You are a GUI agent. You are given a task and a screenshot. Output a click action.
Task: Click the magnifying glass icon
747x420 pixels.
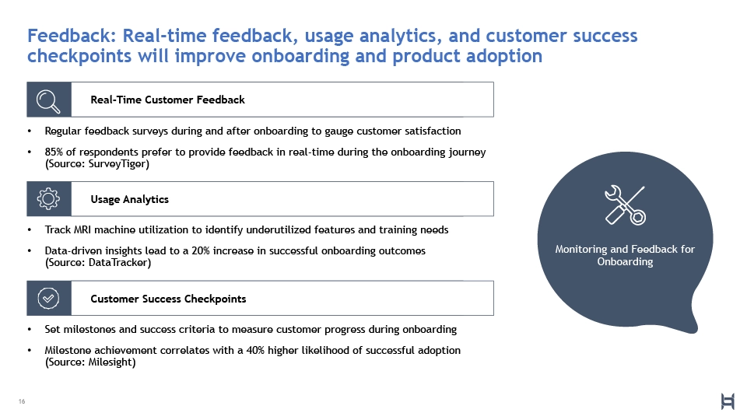point(48,100)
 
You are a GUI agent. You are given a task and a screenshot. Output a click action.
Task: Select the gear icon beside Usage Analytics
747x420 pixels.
point(48,198)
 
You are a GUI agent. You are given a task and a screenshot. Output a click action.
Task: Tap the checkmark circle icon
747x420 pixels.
point(48,299)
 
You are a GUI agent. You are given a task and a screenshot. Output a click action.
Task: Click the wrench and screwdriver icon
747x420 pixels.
point(625,205)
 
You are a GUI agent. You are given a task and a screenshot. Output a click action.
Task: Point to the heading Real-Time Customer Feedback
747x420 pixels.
point(168,100)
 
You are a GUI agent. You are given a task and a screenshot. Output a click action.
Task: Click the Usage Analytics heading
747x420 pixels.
point(130,199)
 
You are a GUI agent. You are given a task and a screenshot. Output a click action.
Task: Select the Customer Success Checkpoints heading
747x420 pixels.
point(168,299)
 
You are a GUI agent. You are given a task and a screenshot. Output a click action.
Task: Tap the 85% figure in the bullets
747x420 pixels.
point(54,152)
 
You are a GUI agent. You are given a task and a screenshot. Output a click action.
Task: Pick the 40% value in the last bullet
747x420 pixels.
point(255,350)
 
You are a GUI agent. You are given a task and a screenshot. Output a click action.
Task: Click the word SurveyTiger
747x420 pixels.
point(117,164)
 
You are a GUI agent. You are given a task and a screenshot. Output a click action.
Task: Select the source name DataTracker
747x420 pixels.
point(117,262)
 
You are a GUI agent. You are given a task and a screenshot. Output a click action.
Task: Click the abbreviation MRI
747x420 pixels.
point(82,229)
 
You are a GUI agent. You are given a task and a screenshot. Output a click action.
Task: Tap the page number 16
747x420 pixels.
point(22,401)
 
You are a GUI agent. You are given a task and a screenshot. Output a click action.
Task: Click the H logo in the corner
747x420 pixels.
point(728,401)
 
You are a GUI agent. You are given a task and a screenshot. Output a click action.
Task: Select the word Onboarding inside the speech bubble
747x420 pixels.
point(625,262)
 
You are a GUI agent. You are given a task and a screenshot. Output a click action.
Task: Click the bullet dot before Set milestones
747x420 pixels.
point(30,330)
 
